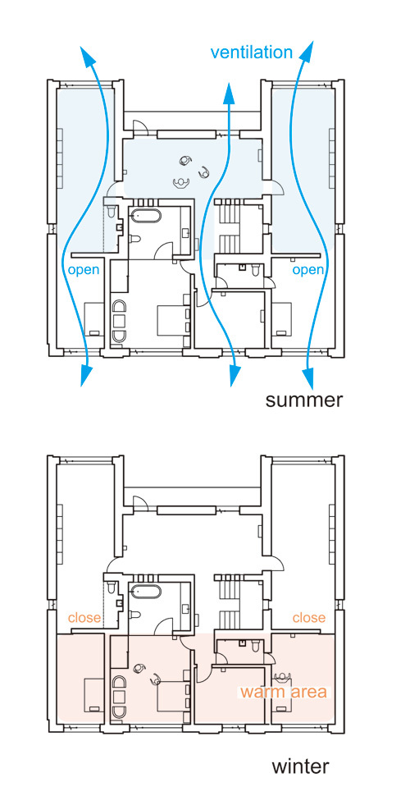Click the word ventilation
(x=252, y=53)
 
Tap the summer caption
(x=303, y=400)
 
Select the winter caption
(x=300, y=767)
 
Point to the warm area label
(x=283, y=692)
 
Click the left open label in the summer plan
(x=84, y=269)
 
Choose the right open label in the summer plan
(x=308, y=269)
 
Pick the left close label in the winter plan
(x=84, y=617)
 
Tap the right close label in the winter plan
(x=309, y=617)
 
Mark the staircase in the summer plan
(x=230, y=226)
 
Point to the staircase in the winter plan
(x=230, y=601)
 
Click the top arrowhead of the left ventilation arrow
(x=89, y=57)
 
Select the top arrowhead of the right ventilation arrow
(x=309, y=53)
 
